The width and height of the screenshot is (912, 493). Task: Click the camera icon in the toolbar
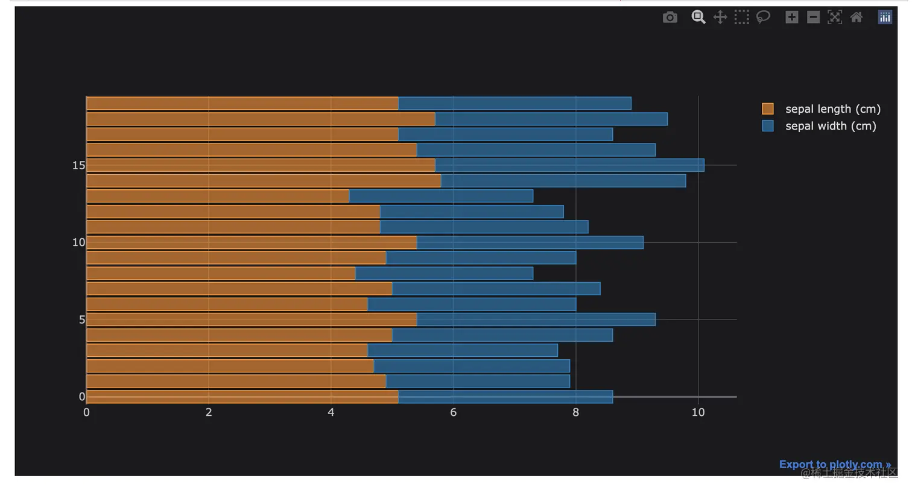(x=670, y=17)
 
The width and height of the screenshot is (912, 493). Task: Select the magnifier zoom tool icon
(x=698, y=17)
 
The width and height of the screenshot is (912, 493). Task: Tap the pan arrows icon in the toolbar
(x=720, y=17)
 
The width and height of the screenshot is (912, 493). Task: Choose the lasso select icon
(x=763, y=17)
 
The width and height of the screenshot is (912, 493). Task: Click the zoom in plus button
(x=791, y=17)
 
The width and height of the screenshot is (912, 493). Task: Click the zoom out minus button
(x=813, y=17)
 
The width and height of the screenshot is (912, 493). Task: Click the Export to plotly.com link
(x=834, y=464)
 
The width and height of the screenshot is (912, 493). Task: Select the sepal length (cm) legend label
(x=832, y=109)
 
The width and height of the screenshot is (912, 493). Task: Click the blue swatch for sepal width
(x=767, y=126)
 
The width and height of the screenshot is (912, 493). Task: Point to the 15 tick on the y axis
(x=78, y=165)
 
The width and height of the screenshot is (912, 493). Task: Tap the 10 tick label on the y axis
(x=78, y=242)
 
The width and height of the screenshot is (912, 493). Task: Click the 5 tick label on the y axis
(x=82, y=319)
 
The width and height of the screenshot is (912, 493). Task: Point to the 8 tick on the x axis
(x=575, y=412)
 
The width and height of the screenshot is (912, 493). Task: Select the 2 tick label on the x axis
(x=209, y=412)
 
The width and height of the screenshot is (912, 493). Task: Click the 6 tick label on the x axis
(x=453, y=412)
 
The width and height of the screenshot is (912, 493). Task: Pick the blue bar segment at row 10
(x=530, y=242)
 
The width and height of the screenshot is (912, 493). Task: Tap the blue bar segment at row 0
(x=505, y=397)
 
